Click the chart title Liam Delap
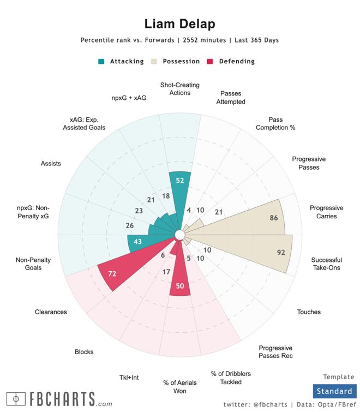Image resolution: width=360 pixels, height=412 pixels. pos(179,24)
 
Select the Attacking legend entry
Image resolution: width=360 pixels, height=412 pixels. pos(121,61)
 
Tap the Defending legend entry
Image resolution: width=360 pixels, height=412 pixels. pos(232,61)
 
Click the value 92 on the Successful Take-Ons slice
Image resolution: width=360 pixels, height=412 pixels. pos(281,253)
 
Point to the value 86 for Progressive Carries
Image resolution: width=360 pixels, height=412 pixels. pos(274,218)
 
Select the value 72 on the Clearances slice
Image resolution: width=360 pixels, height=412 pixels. pos(112,273)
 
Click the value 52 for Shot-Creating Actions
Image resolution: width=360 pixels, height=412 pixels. pos(179,181)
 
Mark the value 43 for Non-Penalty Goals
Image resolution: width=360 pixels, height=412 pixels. pos(137,242)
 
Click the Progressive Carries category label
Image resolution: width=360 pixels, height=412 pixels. pos(326,212)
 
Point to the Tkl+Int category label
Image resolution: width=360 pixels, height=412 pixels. pos(130,377)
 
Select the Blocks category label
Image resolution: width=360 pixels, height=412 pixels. pos(84,352)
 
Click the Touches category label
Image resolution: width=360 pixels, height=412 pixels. pos(309,312)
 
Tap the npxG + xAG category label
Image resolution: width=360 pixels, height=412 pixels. pos(128,98)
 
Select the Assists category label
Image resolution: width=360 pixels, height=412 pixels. pos(51,163)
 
